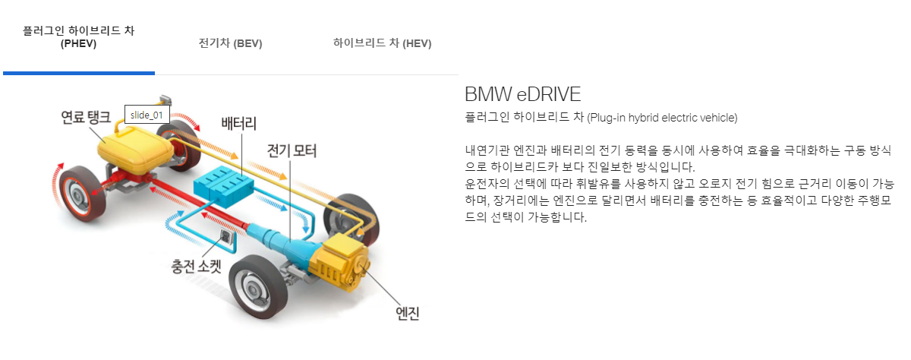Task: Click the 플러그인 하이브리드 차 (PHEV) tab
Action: point(79,37)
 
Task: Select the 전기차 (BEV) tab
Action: point(230,43)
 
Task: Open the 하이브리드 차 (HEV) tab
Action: point(382,43)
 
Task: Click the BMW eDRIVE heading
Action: point(522,95)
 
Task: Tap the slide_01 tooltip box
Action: point(147,115)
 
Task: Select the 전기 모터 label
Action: point(292,150)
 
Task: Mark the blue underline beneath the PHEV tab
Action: point(79,73)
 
